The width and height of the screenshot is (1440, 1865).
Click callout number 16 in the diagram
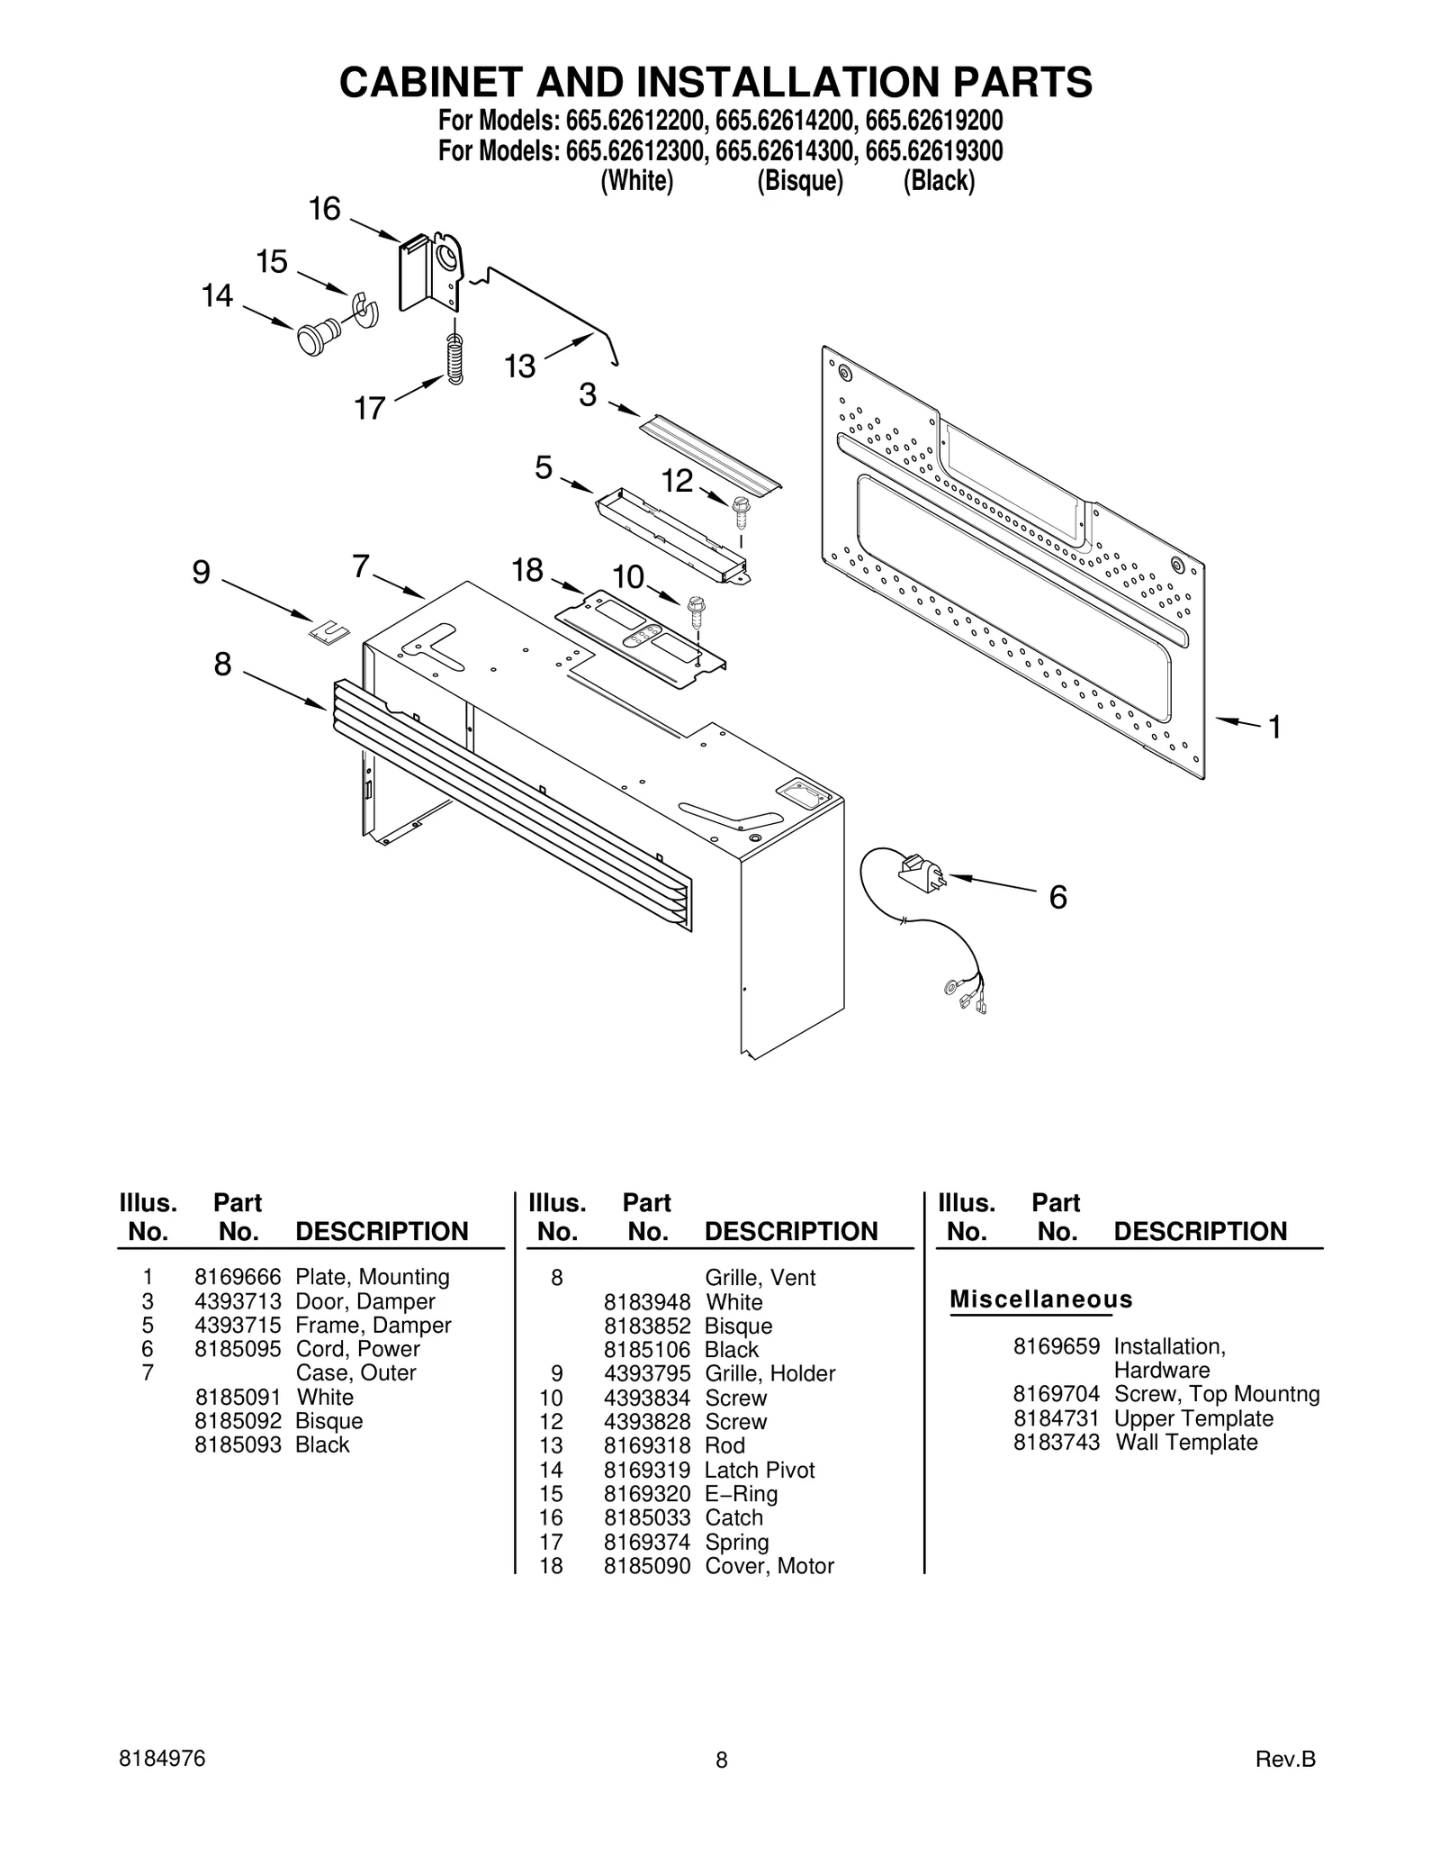(x=324, y=210)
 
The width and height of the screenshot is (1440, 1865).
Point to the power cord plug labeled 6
(x=920, y=873)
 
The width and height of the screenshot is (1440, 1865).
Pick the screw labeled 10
(x=696, y=611)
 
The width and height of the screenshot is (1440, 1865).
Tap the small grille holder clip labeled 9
(x=330, y=630)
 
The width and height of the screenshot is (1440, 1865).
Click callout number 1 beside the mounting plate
(x=1274, y=727)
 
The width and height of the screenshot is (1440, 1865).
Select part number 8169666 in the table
(x=238, y=1277)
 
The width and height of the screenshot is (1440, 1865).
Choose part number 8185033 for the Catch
(x=647, y=1517)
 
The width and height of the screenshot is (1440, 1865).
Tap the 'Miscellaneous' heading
(x=1041, y=1299)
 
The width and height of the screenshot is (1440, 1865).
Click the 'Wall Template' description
(x=1186, y=1442)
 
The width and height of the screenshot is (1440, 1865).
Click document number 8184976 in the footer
(x=162, y=1759)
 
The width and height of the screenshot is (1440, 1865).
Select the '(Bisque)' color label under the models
(x=800, y=181)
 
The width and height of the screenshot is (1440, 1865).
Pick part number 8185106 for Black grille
(x=647, y=1350)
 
